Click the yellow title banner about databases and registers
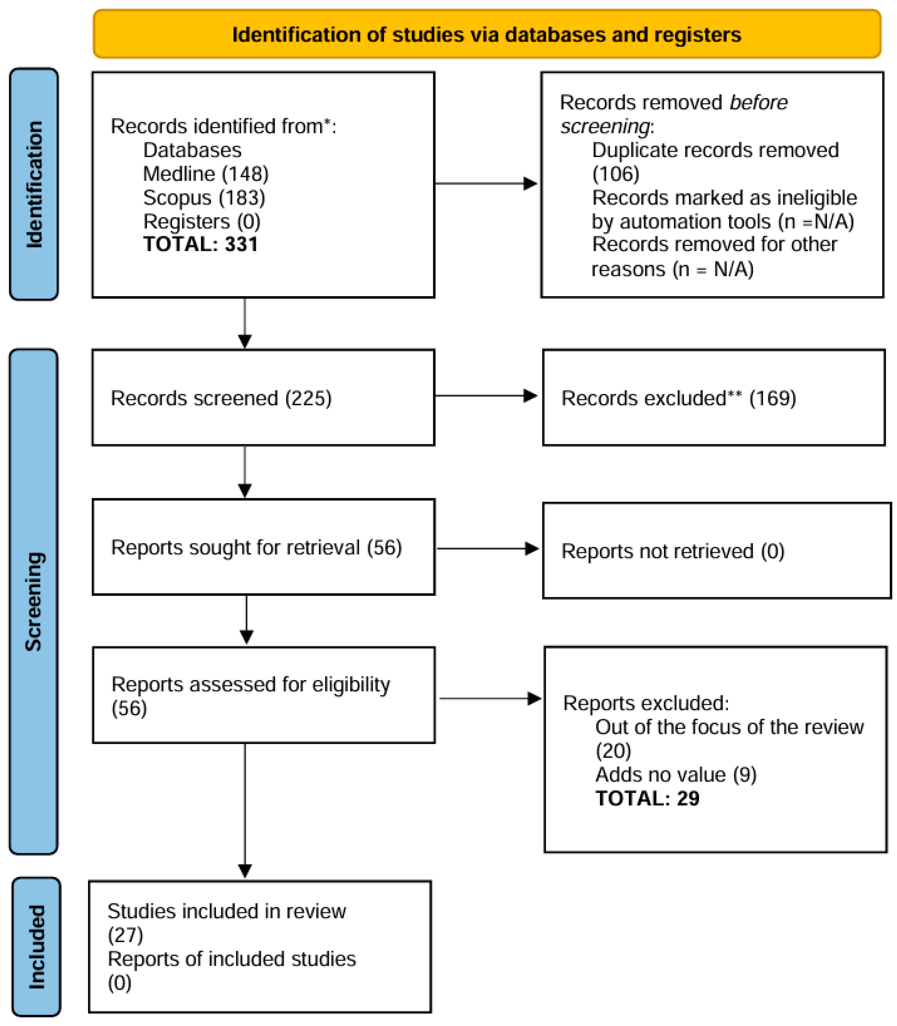click(487, 34)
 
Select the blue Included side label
click(36, 947)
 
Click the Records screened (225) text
click(221, 398)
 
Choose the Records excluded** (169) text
click(678, 398)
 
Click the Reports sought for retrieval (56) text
click(256, 547)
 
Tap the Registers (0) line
click(202, 221)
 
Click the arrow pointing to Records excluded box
click(485, 396)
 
